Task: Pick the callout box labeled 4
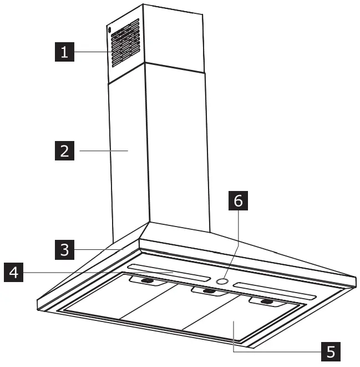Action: click(x=14, y=273)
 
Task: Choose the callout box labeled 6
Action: click(x=237, y=202)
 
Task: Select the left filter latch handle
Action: click(x=148, y=283)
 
